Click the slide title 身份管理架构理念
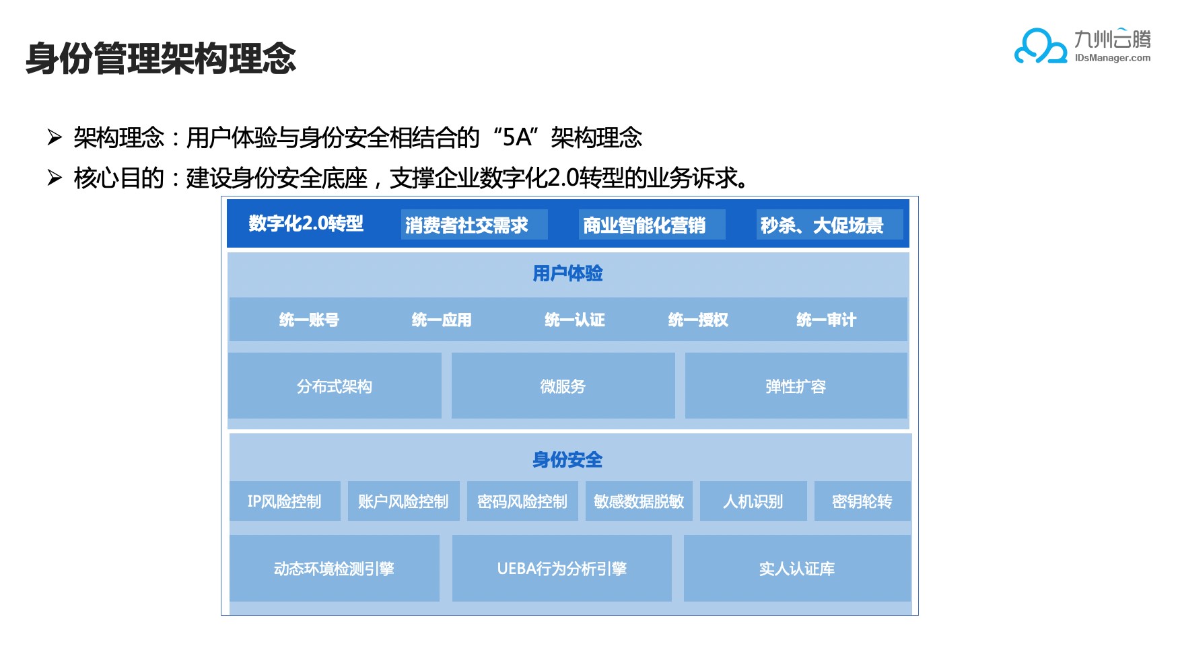click(161, 58)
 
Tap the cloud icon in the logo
click(1041, 46)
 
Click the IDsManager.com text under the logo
click(1112, 58)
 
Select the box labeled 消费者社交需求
click(474, 225)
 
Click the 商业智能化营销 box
click(652, 225)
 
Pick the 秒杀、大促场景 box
click(829, 225)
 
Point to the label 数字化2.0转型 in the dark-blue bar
click(306, 223)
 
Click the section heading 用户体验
click(567, 273)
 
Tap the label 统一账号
click(309, 320)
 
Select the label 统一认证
click(575, 320)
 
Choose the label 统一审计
click(826, 320)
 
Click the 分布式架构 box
click(335, 386)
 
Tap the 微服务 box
click(563, 386)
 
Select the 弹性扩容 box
click(796, 386)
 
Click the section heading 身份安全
click(567, 460)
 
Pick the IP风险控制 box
click(285, 501)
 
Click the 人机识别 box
click(753, 501)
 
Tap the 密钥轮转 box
click(862, 501)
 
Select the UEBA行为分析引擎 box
click(562, 569)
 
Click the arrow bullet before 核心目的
click(55, 178)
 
